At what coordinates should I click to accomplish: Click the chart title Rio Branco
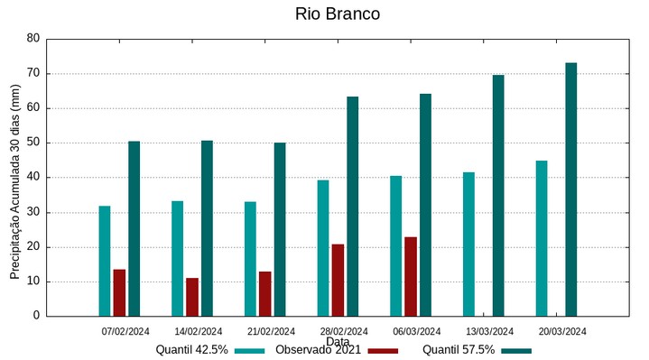[338, 14]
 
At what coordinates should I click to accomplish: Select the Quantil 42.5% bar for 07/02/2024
[105, 261]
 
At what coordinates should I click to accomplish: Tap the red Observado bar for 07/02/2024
[119, 292]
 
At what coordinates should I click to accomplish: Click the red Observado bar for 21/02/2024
[264, 293]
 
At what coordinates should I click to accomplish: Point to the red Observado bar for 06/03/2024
[411, 276]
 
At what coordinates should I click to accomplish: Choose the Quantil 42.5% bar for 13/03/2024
[468, 244]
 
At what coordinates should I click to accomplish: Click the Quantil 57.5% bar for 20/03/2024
[570, 189]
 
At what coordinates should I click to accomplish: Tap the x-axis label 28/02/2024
[344, 331]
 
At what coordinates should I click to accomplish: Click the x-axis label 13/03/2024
[489, 331]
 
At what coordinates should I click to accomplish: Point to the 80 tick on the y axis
[33, 39]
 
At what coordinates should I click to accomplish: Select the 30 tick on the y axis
[33, 213]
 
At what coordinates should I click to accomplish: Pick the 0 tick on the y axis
[37, 317]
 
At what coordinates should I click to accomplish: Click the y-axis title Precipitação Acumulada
[15, 180]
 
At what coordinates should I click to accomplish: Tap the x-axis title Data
[338, 342]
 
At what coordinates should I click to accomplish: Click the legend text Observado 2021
[319, 350]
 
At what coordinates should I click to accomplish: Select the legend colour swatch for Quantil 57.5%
[516, 350]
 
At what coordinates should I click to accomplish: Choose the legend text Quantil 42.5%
[191, 350]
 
